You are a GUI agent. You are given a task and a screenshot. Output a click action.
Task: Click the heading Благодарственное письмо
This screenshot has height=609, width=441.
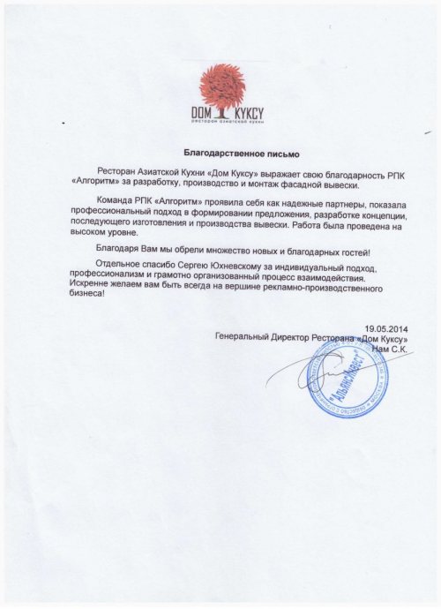(229, 154)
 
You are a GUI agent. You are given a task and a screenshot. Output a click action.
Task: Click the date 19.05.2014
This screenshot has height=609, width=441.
(388, 328)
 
